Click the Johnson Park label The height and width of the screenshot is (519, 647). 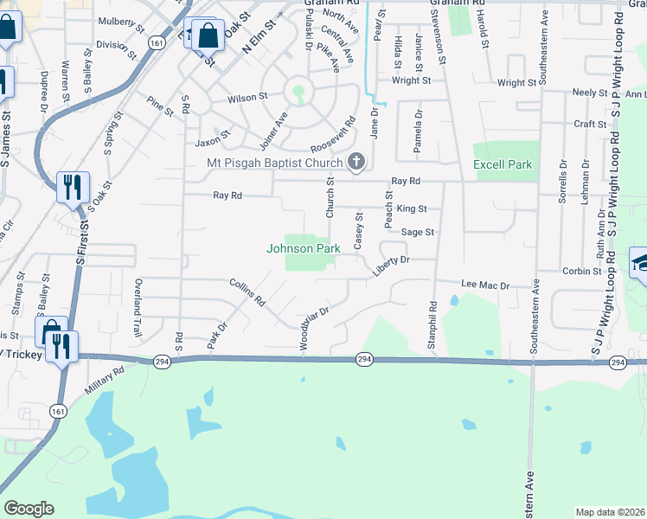pos(303,248)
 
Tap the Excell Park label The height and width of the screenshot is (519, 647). pos(503,164)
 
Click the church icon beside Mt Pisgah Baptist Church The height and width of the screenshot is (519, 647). pos(356,162)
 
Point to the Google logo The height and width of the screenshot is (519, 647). pos(29,509)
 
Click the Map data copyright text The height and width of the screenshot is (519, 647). pos(609,512)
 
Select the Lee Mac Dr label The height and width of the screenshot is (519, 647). pos(486,284)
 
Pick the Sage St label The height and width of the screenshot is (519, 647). pos(417,232)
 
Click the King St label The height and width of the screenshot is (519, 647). pos(412,208)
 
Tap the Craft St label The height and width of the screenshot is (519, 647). pos(590,124)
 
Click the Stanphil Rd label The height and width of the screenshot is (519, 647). pos(432,325)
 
